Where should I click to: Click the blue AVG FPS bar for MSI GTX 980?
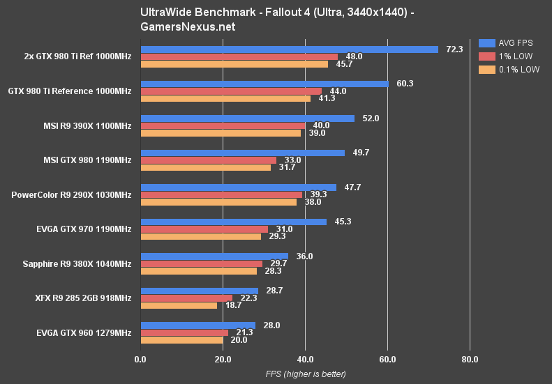(x=243, y=153)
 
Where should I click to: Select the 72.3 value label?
(x=455, y=49)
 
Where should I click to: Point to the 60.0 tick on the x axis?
(x=387, y=360)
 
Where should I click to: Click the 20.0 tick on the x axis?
(x=223, y=360)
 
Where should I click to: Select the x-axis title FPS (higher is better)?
(x=305, y=374)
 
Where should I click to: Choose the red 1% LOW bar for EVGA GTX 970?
(x=204, y=229)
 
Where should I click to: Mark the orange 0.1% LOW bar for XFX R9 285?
(x=179, y=305)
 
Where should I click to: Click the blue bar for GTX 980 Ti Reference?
(x=264, y=84)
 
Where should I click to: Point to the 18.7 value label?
(x=233, y=306)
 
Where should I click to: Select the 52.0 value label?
(x=371, y=118)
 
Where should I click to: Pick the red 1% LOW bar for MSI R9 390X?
(x=223, y=125)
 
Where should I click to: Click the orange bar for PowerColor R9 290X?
(x=218, y=202)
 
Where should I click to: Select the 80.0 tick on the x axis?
(x=470, y=360)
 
